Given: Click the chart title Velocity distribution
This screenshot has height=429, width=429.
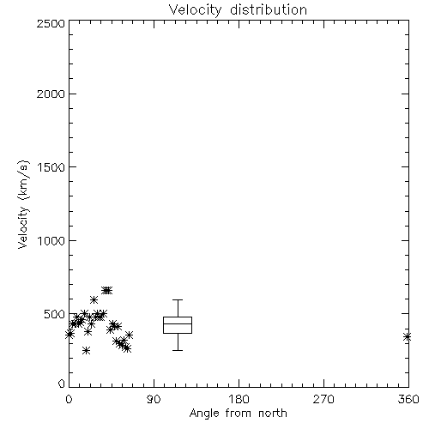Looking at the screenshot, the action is [238, 9].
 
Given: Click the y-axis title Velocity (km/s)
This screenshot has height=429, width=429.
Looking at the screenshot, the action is [23, 204].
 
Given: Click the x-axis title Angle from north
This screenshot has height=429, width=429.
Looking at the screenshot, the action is [238, 413].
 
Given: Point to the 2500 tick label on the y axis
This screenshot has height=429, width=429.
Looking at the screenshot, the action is [51, 23].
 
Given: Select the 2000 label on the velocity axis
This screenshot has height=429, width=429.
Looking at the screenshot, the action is [51, 94].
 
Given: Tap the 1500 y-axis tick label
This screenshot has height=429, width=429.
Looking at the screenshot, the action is [51, 167].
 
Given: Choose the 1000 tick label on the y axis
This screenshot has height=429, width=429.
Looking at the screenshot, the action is [51, 240].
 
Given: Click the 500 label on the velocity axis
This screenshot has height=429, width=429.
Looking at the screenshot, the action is [55, 314].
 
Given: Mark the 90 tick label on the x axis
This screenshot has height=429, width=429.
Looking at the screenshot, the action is [154, 399].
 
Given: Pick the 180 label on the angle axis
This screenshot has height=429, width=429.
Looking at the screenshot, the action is [239, 399].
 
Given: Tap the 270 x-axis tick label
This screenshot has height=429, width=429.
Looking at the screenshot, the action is [323, 399].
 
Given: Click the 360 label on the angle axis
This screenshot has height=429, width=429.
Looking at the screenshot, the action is [408, 399].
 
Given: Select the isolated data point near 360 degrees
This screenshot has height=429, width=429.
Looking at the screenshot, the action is [408, 337].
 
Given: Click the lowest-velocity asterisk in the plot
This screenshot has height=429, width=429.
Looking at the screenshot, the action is [86, 350].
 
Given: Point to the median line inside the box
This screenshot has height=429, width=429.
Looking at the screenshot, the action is [178, 323].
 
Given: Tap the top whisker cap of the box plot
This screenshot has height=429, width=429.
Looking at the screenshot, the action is [178, 299].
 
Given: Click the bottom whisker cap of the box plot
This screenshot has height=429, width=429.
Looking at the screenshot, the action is [178, 350].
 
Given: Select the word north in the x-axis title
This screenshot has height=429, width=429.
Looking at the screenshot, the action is [273, 413].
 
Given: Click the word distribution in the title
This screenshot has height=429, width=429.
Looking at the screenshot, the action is [269, 9].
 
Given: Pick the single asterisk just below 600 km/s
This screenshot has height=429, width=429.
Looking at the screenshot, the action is [94, 300].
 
